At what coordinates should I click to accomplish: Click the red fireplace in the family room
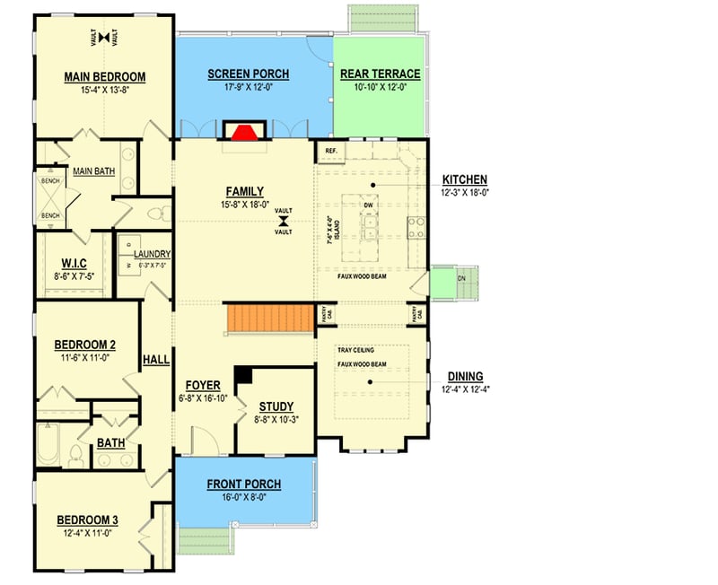(x=241, y=132)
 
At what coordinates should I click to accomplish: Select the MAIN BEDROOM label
(x=105, y=76)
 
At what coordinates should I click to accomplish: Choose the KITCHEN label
(x=465, y=179)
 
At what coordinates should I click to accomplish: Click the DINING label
(x=466, y=376)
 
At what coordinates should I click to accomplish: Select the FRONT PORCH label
(x=244, y=485)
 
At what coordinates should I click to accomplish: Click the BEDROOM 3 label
(x=88, y=520)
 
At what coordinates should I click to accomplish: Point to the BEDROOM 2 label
(x=85, y=345)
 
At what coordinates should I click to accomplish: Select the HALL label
(x=156, y=360)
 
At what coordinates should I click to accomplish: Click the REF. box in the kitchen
(x=330, y=151)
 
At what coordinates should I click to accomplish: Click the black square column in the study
(x=242, y=375)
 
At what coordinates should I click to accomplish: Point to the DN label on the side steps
(x=462, y=278)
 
